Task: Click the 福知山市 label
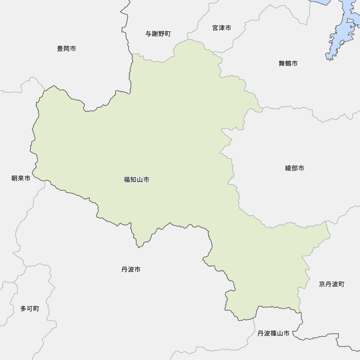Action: (x=136, y=180)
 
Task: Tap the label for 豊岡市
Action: (x=67, y=49)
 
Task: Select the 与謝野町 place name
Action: (x=158, y=34)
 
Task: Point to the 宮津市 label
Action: (x=222, y=28)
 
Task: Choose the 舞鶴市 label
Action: (x=288, y=64)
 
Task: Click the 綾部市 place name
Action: (x=294, y=168)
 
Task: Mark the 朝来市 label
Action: (x=21, y=178)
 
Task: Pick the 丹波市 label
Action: (x=131, y=269)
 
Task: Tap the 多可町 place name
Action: (x=30, y=309)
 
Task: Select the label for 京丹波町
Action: (x=332, y=284)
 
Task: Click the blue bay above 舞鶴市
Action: (x=340, y=32)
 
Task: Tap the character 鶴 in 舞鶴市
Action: (x=288, y=64)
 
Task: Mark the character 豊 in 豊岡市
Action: (x=60, y=49)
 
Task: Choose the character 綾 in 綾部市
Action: (x=288, y=168)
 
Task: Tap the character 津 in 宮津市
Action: (x=222, y=28)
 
